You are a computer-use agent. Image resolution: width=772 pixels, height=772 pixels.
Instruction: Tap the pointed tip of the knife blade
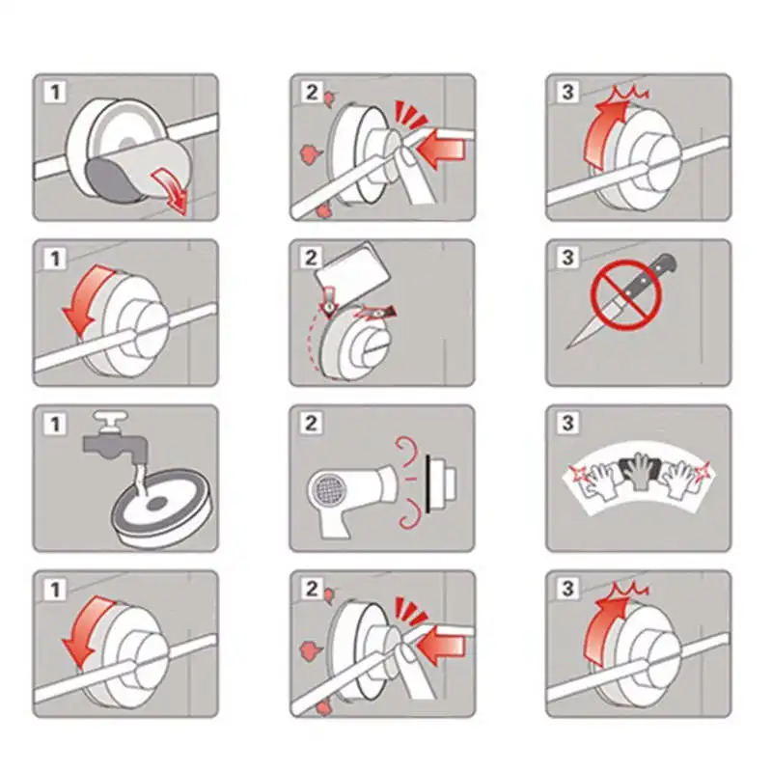click(566, 348)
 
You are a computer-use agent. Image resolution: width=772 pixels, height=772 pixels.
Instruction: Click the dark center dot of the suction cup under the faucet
click(157, 503)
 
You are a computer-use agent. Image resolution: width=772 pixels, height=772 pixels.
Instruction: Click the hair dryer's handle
click(336, 522)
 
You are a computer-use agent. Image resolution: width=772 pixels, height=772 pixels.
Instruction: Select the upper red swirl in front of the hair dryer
click(407, 450)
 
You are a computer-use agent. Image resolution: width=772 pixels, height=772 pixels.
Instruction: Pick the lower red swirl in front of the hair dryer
click(408, 513)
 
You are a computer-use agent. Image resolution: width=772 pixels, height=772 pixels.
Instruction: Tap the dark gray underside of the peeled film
click(111, 180)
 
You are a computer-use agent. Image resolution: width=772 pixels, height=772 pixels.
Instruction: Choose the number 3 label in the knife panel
click(567, 258)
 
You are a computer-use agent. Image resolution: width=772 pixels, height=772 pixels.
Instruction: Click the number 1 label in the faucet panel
click(55, 424)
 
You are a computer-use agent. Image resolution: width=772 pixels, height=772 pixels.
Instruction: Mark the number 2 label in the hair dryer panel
click(311, 424)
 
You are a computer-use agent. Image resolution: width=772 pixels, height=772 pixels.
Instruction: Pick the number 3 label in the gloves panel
click(567, 423)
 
